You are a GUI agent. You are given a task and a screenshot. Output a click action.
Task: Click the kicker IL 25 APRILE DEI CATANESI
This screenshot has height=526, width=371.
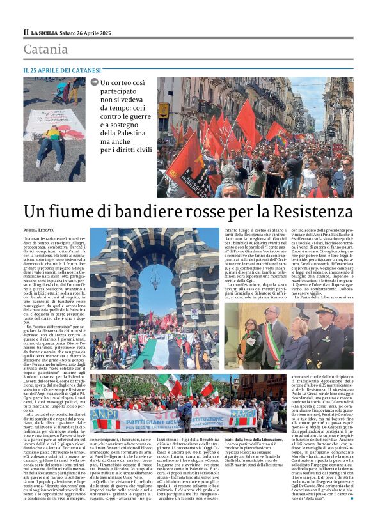(61, 70)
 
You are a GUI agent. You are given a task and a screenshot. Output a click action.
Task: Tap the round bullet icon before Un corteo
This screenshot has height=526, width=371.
(95, 82)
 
